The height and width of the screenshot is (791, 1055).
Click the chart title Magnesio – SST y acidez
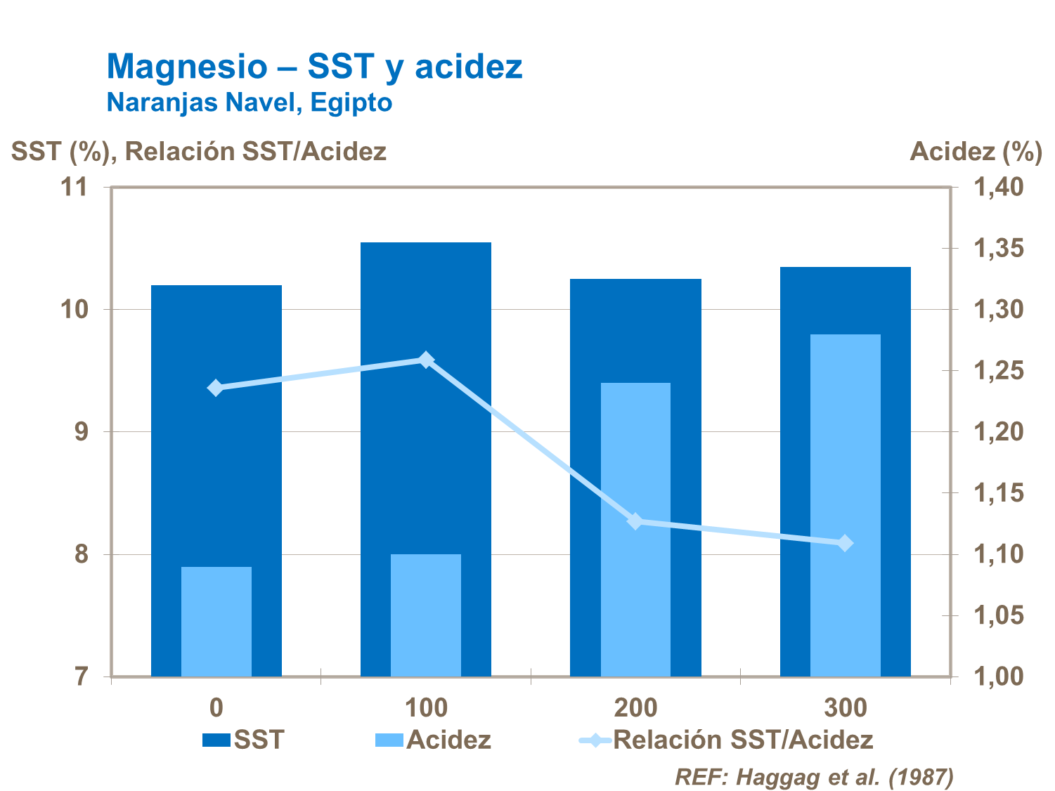[x=314, y=67]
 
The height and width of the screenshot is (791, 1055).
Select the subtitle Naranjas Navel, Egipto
[x=249, y=103]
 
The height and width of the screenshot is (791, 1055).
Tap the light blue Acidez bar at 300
[x=845, y=506]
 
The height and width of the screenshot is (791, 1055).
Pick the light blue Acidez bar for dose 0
[x=216, y=622]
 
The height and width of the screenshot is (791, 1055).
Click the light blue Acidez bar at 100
[x=425, y=615]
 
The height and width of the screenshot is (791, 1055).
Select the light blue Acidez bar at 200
[x=635, y=530]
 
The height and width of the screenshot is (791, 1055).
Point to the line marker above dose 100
[x=425, y=360]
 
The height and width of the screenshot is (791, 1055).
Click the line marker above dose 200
[x=635, y=521]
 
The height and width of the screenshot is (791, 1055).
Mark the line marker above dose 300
[x=845, y=543]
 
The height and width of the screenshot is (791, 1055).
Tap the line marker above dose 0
[x=216, y=388]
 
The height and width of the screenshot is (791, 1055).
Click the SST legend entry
[x=244, y=740]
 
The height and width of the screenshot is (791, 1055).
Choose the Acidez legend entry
[x=433, y=740]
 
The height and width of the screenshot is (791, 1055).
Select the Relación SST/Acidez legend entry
[x=726, y=740]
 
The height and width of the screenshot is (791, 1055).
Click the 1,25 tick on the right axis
[x=998, y=371]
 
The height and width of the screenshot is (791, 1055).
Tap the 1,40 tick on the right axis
[x=998, y=187]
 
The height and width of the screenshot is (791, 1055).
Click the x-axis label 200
[x=635, y=707]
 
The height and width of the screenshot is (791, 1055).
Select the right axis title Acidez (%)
[x=976, y=151]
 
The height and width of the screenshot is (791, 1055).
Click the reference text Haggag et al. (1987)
[x=814, y=777]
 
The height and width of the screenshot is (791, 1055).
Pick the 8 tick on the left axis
[x=82, y=554]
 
